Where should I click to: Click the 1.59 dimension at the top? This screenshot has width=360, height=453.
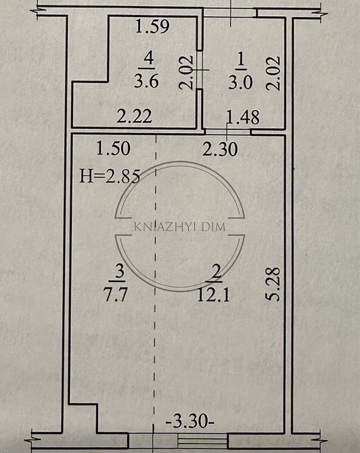coord(152,28)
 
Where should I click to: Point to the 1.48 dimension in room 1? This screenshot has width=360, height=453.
coord(243,118)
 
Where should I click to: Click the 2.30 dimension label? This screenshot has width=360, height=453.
coord(220,148)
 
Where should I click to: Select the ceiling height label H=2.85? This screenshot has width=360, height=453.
coord(110,178)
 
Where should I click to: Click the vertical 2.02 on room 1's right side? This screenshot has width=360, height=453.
coord(273,73)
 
